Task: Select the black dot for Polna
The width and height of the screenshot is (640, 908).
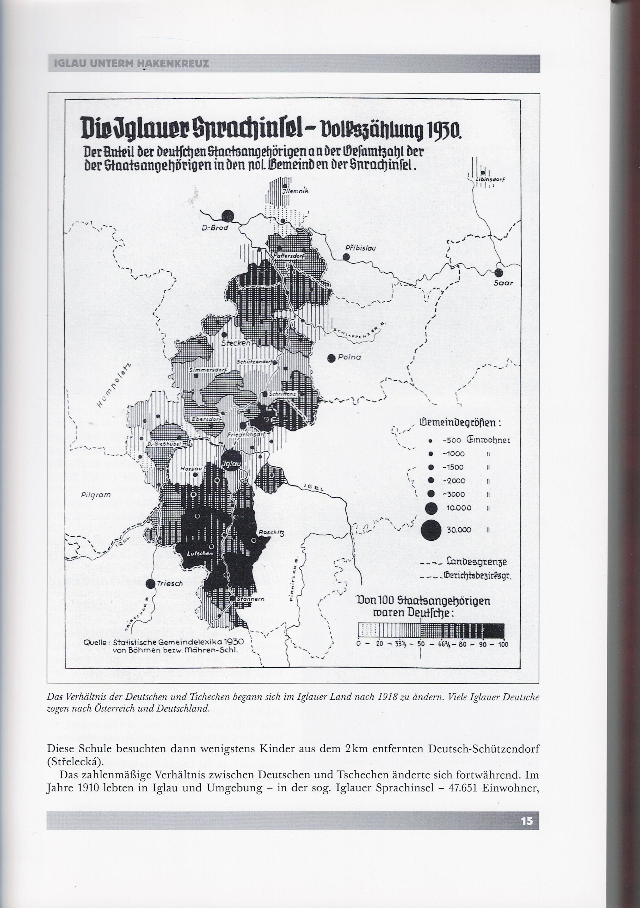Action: coord(331,358)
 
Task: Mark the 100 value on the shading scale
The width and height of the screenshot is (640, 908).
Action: coord(503,644)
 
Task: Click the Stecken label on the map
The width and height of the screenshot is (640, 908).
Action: coord(236,343)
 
